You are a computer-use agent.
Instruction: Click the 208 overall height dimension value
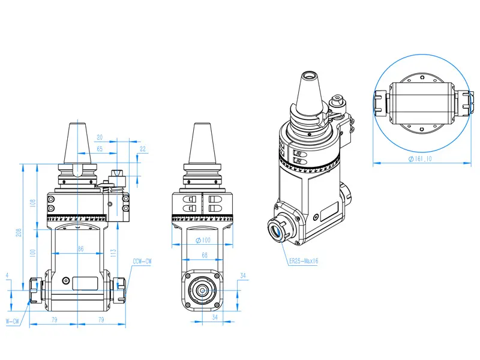[x=19, y=232]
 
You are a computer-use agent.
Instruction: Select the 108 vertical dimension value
[x=33, y=203]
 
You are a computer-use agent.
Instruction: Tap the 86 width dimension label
[x=80, y=248]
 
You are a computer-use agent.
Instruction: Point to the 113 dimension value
[x=113, y=253]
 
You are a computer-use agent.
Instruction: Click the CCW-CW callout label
[x=142, y=262]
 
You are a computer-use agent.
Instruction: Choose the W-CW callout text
[x=13, y=322]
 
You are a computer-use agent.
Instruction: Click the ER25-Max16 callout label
[x=304, y=261]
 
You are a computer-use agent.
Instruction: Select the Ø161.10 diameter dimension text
[x=420, y=158]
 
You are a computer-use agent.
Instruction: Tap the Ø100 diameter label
[x=203, y=240]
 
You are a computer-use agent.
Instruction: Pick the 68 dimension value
[x=205, y=254]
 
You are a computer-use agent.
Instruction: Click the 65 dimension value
[x=100, y=149]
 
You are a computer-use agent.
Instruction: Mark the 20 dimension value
[x=100, y=137]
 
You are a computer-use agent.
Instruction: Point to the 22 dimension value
[x=143, y=149]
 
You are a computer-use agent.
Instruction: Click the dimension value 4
[x=7, y=275]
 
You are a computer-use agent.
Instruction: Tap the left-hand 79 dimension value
[x=54, y=320]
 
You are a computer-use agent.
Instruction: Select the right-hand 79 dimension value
[x=101, y=320]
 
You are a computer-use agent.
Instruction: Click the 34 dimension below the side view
[x=215, y=317]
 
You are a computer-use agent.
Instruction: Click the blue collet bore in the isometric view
[x=276, y=230]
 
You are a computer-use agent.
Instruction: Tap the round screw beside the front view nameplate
[x=66, y=280]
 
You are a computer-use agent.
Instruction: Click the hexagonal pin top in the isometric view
[x=337, y=98]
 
